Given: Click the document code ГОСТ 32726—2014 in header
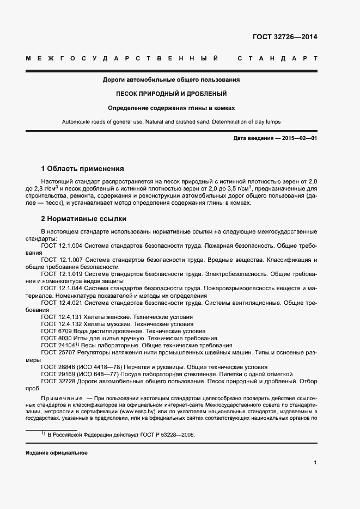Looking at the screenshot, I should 285,38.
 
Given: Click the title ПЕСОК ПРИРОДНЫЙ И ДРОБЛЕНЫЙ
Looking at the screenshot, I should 172,94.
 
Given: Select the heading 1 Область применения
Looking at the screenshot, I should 83,168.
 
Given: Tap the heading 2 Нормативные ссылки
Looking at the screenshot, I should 84,219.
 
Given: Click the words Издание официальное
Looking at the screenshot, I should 56,453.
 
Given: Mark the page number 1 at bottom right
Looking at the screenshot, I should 315,463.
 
